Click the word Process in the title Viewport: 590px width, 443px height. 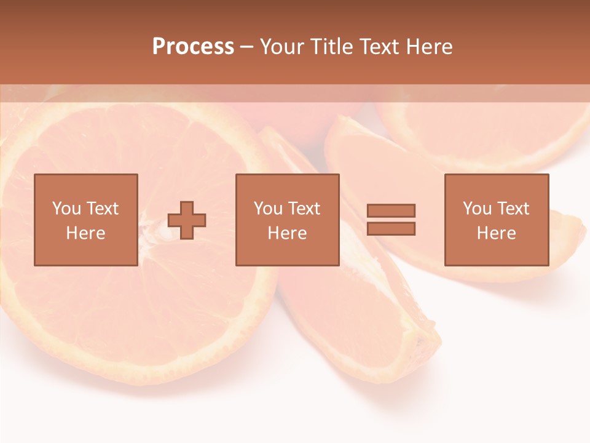pos(193,47)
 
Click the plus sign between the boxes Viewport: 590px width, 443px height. pos(187,220)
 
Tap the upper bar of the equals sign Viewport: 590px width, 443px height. pos(391,210)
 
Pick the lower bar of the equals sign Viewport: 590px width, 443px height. pos(391,228)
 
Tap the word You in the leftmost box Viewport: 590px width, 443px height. pos(66,209)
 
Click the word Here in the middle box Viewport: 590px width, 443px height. pos(287,233)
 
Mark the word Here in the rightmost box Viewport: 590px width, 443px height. pos(496,233)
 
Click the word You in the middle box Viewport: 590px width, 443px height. pos(268,209)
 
